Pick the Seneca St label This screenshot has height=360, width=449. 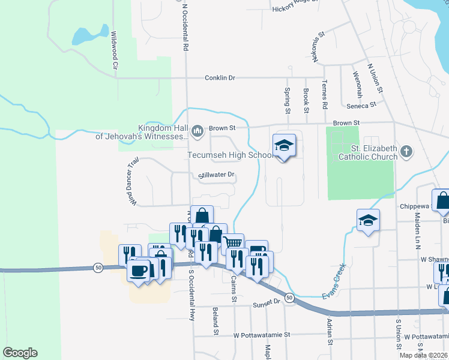point(364,104)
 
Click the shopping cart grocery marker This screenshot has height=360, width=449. point(234,243)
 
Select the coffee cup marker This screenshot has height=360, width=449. point(140,270)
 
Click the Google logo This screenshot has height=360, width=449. point(20,353)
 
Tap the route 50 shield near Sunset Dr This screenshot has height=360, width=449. point(289,298)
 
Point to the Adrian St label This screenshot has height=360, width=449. point(329,332)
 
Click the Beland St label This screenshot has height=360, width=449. point(214,321)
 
